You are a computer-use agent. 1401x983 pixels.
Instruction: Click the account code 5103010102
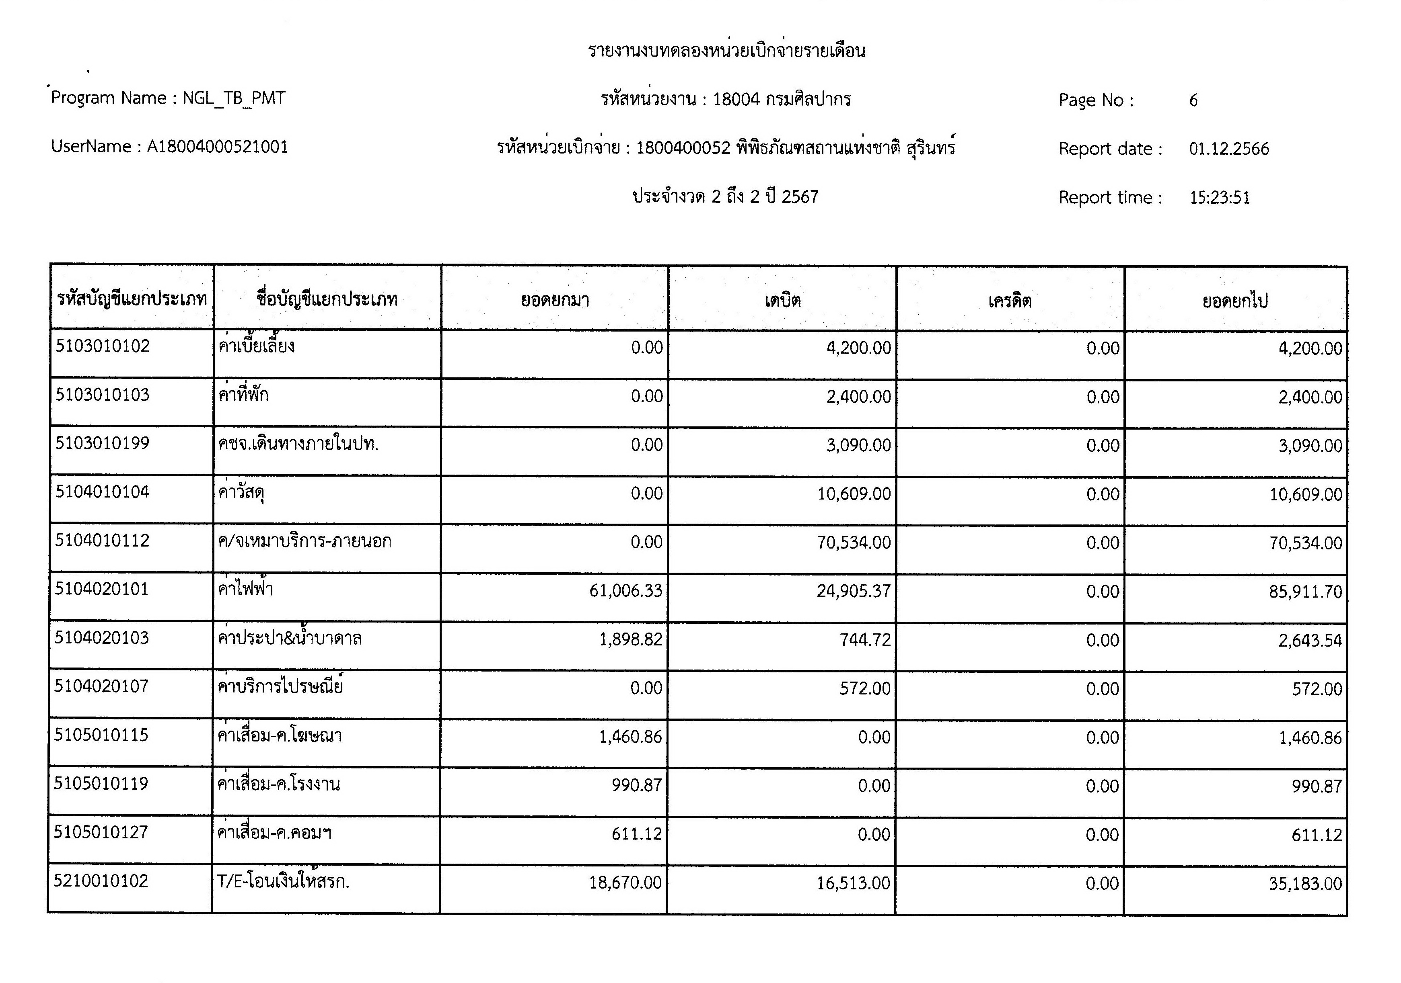click(x=103, y=346)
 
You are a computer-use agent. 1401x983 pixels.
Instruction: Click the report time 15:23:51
click(x=1219, y=198)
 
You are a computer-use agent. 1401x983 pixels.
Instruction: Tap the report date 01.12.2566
click(x=1228, y=149)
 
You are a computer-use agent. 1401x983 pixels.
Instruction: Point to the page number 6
click(x=1193, y=100)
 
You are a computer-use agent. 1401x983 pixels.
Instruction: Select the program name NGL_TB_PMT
click(x=234, y=98)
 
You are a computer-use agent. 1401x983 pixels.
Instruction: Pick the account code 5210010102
click(x=101, y=881)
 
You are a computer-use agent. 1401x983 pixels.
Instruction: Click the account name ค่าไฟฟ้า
click(x=245, y=589)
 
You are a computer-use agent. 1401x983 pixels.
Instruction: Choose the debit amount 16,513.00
click(x=853, y=883)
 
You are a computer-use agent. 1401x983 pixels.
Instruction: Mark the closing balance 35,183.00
click(x=1305, y=884)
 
